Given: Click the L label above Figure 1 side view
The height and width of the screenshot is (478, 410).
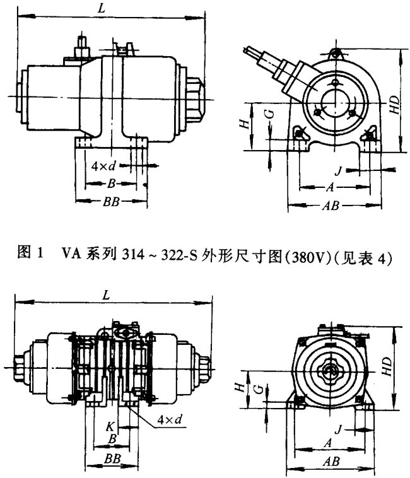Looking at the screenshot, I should point(102,8).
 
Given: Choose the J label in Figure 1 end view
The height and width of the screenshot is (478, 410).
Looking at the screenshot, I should point(338,170).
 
